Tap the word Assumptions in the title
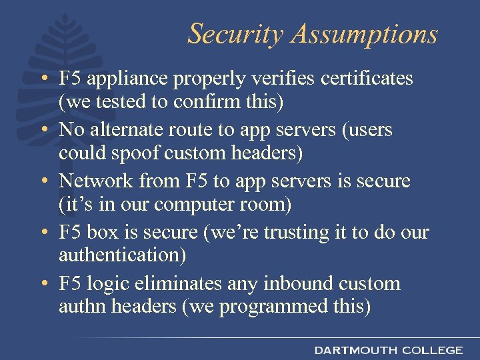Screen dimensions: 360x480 pos(361,34)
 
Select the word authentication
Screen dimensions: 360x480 pos(122,256)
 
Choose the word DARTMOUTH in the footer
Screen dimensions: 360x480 pos(355,349)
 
